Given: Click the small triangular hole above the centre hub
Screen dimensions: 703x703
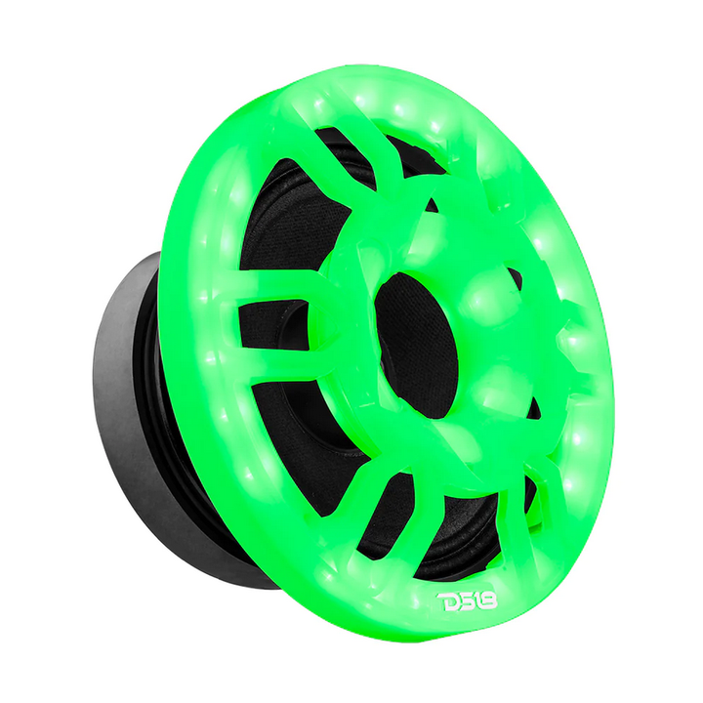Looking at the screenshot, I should tap(431, 206).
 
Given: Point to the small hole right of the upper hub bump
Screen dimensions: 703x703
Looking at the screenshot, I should tap(515, 278).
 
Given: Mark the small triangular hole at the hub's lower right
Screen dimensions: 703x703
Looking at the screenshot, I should tap(532, 405).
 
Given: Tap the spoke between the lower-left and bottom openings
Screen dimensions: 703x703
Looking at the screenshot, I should tap(376, 488).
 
